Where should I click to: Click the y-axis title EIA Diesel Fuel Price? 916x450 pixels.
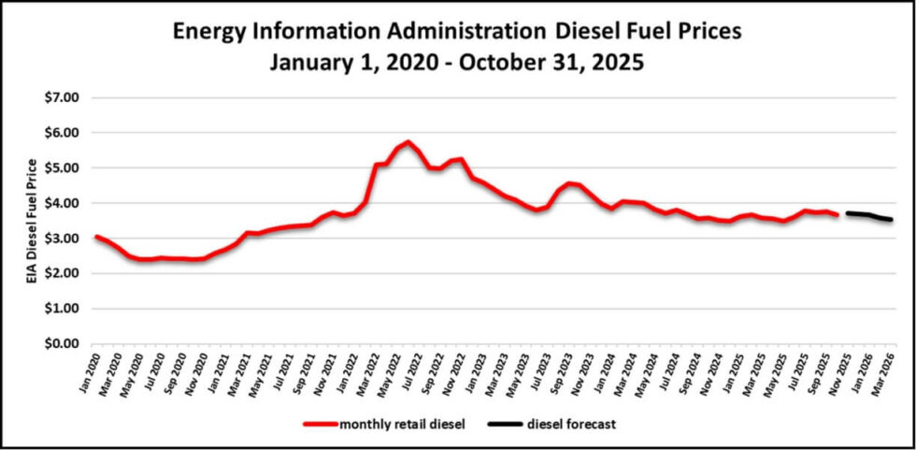[35, 220]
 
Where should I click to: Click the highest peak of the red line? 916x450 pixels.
[408, 142]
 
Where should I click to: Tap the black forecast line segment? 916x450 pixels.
[869, 216]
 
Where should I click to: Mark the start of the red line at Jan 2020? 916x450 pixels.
[97, 237]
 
